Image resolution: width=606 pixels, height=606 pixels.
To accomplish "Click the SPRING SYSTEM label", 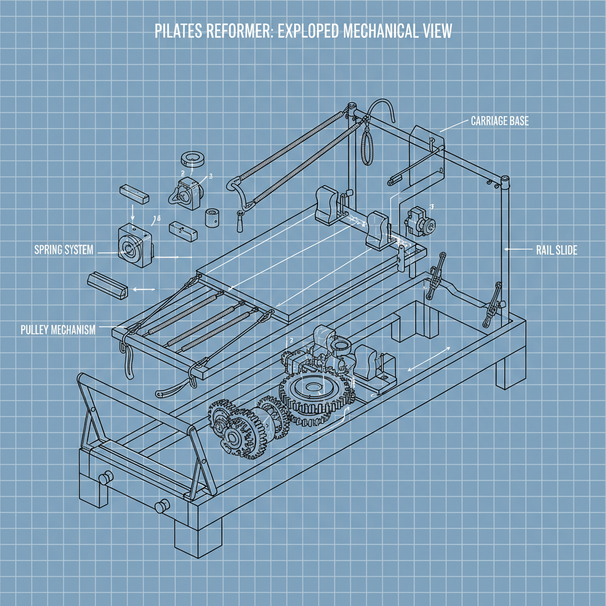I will (x=64, y=250).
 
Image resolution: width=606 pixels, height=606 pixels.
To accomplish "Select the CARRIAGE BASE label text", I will (x=499, y=121).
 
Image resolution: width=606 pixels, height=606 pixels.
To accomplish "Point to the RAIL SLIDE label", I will (x=556, y=250).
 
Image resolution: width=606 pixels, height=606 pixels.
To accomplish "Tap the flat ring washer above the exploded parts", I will (x=192, y=158).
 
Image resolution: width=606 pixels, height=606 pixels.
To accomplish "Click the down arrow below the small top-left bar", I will (x=133, y=211).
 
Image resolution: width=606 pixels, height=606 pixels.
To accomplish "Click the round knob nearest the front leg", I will (x=162, y=506).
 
